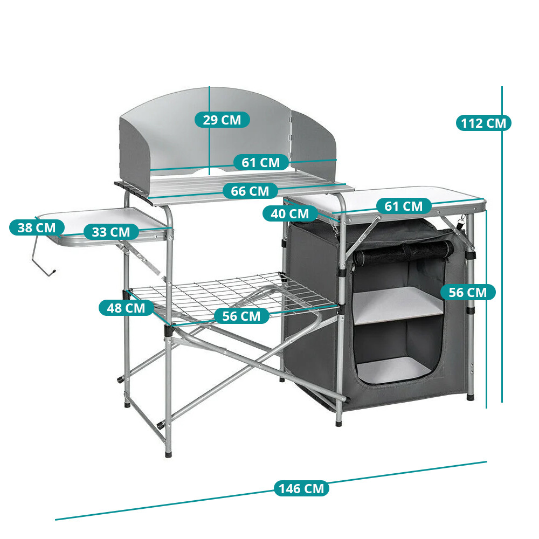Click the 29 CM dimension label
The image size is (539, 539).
(x=222, y=120)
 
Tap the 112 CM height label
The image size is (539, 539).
(x=483, y=123)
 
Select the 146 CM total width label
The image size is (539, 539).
(x=301, y=488)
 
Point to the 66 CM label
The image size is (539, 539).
(x=250, y=191)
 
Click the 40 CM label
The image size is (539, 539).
(x=290, y=214)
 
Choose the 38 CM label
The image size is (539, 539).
(x=37, y=227)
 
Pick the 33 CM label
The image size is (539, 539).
(x=111, y=232)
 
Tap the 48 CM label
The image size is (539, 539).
(x=126, y=308)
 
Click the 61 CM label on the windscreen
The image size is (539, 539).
(x=261, y=163)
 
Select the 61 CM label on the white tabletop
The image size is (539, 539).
(x=404, y=206)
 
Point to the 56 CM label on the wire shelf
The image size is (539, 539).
(x=241, y=316)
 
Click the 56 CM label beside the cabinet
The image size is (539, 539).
(x=468, y=293)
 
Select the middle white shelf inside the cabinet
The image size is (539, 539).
(x=398, y=305)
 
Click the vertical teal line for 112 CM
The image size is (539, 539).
(x=502, y=244)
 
